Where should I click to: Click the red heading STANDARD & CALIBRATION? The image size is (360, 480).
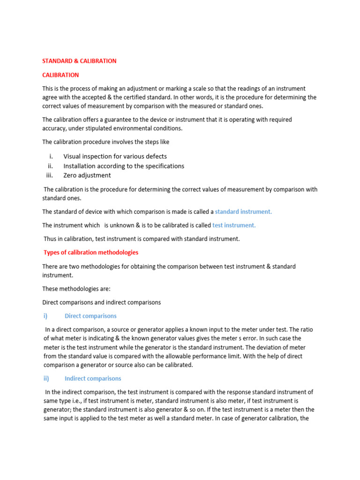(79, 61)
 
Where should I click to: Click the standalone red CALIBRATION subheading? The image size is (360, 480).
(60, 75)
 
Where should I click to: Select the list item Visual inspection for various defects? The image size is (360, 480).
(115, 157)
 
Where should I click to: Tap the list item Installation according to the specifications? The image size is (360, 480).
(124, 166)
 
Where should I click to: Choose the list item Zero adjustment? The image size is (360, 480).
(87, 175)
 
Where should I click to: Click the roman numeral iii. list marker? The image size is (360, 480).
(51, 175)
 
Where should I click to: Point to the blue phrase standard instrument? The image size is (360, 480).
(243, 211)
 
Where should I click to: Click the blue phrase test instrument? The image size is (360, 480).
(234, 225)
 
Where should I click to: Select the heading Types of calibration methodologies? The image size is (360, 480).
(91, 252)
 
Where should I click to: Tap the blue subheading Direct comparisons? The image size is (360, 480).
(90, 316)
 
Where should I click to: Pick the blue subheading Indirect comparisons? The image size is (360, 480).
(93, 378)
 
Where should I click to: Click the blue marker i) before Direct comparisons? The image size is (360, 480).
(46, 316)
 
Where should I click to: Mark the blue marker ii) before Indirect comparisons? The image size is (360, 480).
(46, 378)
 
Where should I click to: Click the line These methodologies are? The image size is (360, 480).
(70, 289)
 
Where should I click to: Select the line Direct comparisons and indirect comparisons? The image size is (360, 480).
(101, 302)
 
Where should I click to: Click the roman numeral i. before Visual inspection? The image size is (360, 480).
(51, 157)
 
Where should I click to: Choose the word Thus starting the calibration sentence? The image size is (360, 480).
(51, 239)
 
